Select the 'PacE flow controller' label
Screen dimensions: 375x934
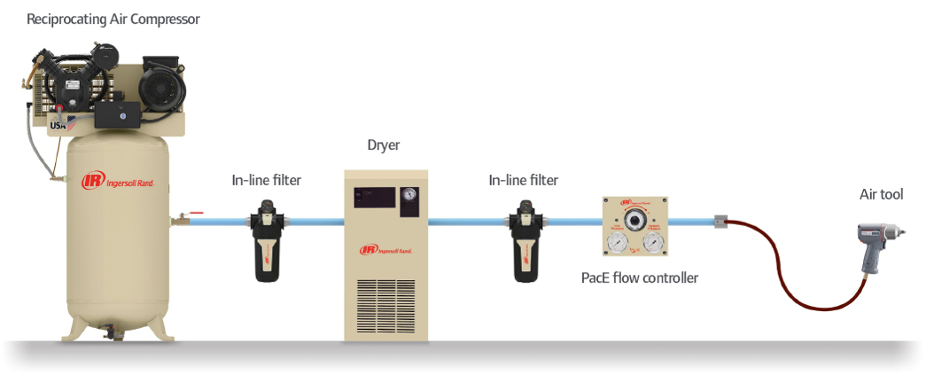pyautogui.click(x=639, y=278)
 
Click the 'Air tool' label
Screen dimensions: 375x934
pyautogui.click(x=881, y=195)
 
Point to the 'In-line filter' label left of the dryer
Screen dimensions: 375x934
pyautogui.click(x=267, y=181)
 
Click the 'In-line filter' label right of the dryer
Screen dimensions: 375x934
pyautogui.click(x=524, y=181)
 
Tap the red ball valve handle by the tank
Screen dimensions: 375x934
pyautogui.click(x=197, y=213)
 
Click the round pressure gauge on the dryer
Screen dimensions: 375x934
pyautogui.click(x=408, y=195)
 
